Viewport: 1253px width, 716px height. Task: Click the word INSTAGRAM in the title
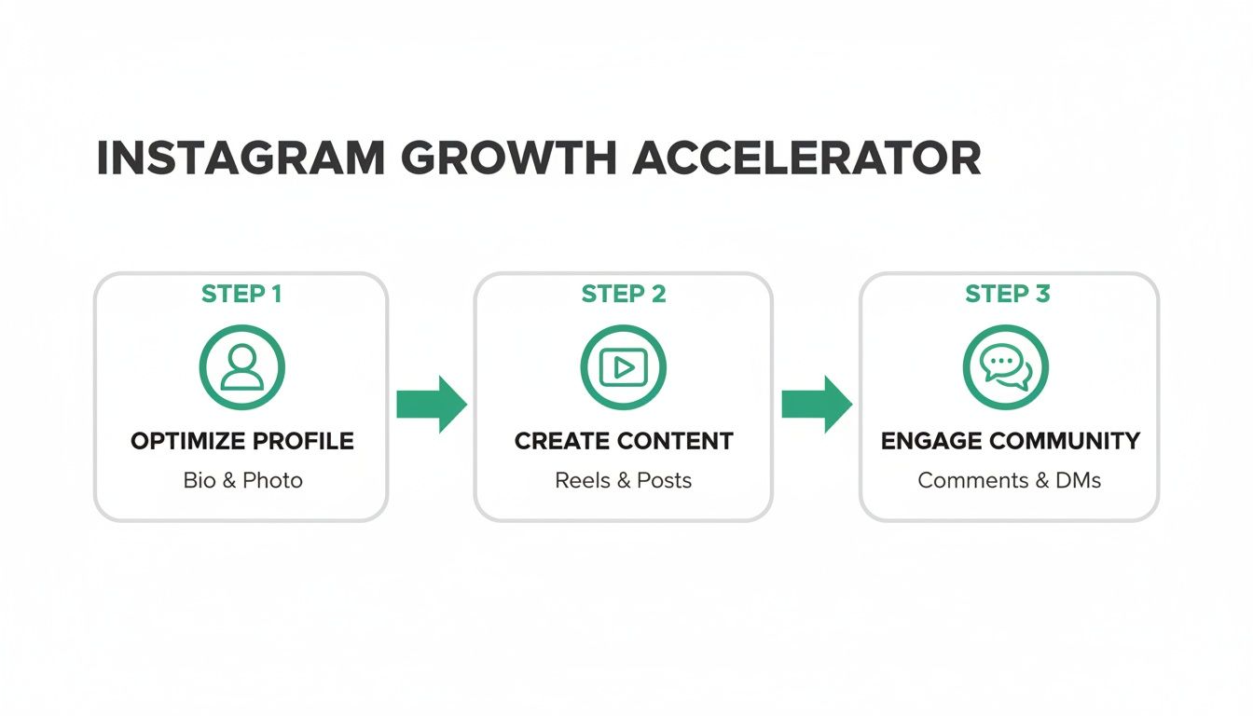coord(241,159)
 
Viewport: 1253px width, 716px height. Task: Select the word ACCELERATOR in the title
coord(806,159)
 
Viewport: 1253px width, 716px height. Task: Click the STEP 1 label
coord(241,295)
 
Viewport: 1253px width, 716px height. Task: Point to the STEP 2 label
coord(624,295)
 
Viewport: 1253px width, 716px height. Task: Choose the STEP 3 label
coord(1008,295)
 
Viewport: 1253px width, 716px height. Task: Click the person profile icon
coord(241,367)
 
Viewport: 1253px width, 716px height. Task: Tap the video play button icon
coord(624,367)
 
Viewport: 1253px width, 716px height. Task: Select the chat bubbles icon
coord(1006,367)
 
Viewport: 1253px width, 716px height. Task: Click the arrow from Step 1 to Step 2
coord(431,405)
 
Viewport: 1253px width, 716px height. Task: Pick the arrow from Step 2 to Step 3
coord(816,405)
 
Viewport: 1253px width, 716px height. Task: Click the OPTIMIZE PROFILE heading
coord(242,441)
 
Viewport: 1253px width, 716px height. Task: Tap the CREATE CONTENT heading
coord(624,441)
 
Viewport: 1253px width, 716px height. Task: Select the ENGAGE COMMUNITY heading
coord(1010,441)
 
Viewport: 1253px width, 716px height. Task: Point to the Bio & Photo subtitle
coord(242,481)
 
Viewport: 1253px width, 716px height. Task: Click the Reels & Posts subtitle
coord(624,481)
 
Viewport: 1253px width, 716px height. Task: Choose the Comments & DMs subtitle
coord(1010,481)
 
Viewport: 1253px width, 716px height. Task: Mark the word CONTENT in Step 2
coord(678,441)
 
